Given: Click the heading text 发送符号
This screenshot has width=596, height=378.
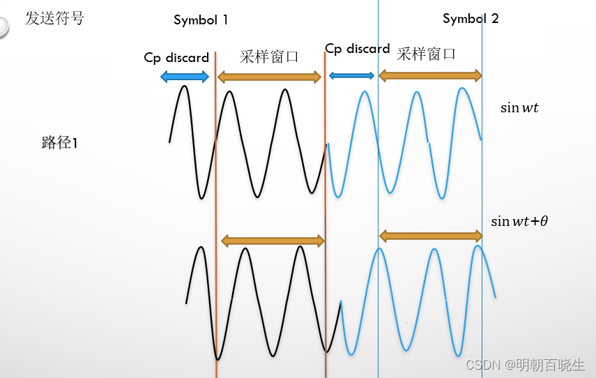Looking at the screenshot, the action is click(54, 19).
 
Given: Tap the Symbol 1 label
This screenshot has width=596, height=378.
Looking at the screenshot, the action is click(201, 20).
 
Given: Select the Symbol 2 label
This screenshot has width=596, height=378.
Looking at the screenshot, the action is click(471, 19).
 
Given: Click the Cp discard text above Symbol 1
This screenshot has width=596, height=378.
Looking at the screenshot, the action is click(176, 57).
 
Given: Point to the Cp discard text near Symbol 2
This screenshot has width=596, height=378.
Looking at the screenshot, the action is click(358, 49).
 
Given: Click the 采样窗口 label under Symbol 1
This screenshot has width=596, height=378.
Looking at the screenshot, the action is click(269, 57).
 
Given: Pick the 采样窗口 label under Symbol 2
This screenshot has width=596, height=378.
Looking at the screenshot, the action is click(426, 54).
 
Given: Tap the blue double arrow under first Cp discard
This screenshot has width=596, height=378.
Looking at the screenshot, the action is click(185, 76).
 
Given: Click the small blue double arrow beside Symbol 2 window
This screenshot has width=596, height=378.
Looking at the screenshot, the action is click(351, 75).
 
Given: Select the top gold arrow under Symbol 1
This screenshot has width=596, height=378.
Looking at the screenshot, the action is click(269, 76).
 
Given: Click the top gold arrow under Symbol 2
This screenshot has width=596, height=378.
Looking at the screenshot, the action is click(429, 75).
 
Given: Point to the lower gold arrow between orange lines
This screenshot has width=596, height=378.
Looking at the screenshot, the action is click(273, 241).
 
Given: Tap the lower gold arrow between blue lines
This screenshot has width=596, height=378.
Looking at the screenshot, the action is click(430, 236).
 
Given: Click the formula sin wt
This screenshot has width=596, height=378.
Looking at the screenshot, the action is click(519, 108).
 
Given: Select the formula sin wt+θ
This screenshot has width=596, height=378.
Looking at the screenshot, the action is click(519, 222).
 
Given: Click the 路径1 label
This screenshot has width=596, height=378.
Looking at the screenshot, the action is click(60, 143).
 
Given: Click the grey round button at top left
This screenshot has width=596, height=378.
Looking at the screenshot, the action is click(3, 27).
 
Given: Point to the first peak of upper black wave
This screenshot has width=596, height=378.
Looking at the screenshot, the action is click(184, 86).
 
